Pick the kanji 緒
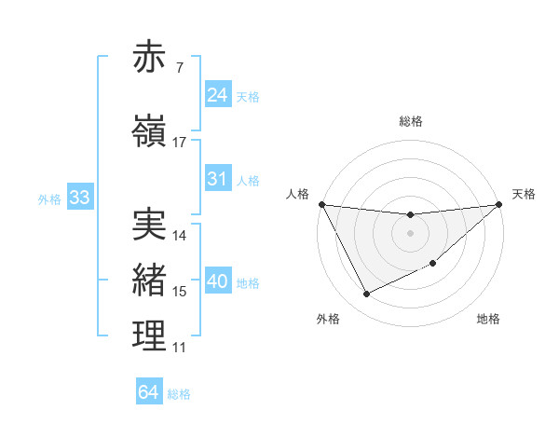coord(150,281)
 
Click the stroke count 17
coord(180,143)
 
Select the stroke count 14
coord(180,236)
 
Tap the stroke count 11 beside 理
coord(180,349)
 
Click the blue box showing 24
coord(218,95)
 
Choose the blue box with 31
coord(218,179)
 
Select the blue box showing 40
coord(218,281)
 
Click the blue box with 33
coord(79,198)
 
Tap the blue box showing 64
coord(149,392)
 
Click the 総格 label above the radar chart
coord(410,121)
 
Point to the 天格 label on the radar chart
coord(524,194)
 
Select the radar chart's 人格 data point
coord(321,204)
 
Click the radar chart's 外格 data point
coord(366,294)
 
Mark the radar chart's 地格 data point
coord(433,264)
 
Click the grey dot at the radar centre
coord(410,233)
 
